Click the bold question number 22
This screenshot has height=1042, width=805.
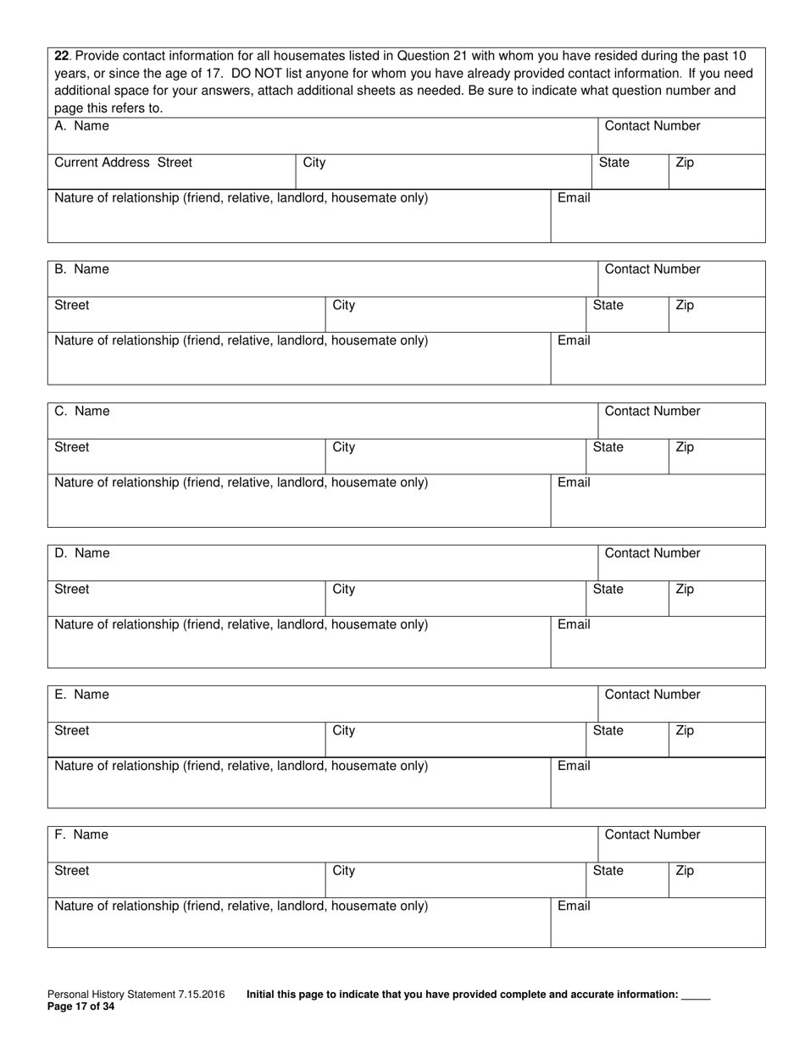tap(61, 56)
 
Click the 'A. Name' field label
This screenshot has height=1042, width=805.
tap(81, 126)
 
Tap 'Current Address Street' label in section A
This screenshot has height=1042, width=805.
tap(123, 163)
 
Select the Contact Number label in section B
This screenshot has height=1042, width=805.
tap(652, 269)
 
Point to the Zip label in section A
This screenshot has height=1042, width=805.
tap(685, 163)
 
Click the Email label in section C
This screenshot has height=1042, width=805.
tap(574, 482)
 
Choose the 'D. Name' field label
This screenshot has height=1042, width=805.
tap(82, 553)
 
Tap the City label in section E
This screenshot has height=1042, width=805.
tap(343, 730)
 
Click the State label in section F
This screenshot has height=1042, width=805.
tap(608, 870)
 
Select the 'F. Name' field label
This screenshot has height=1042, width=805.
tap(81, 834)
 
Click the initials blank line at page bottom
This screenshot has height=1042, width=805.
tap(696, 996)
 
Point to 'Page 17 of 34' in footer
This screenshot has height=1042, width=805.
tap(80, 1007)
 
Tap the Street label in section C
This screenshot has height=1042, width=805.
tap(71, 447)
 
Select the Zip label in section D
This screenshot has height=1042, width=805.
tap(685, 589)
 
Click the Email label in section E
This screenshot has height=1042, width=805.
tap(574, 766)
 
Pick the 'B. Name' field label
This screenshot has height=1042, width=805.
tap(81, 269)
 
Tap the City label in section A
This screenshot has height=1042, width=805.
tap(314, 163)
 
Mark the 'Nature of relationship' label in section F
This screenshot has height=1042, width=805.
tap(241, 906)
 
